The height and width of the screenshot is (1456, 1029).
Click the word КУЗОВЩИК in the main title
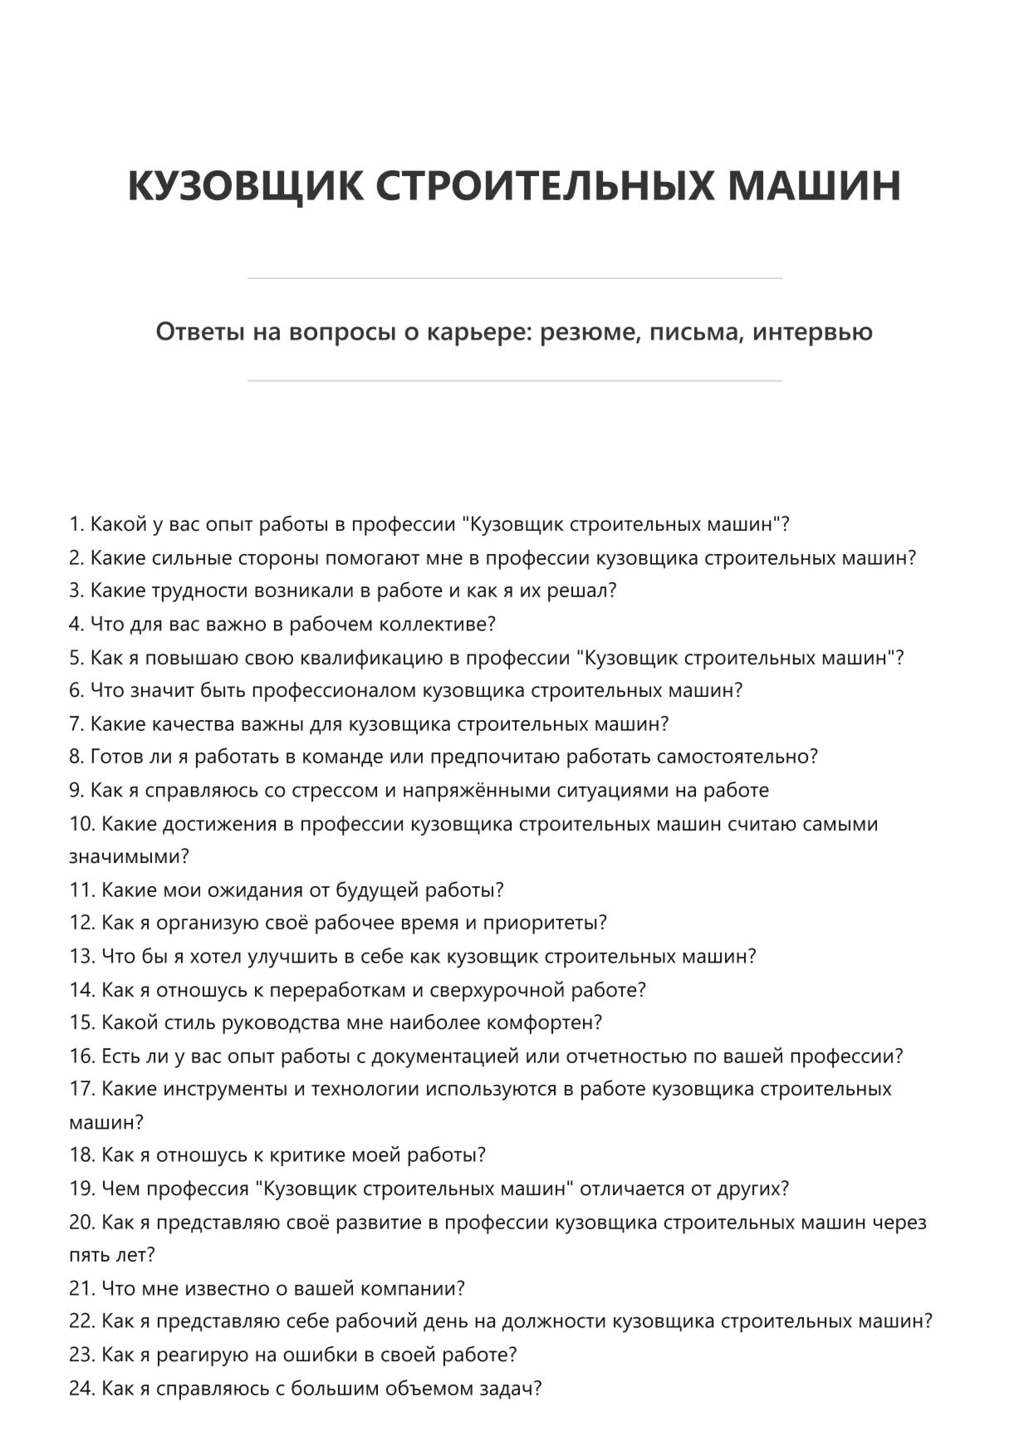[245, 185]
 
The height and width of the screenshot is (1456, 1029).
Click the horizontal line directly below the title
[514, 278]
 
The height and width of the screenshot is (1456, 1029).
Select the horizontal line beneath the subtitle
[514, 381]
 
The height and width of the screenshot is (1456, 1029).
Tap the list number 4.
[76, 624]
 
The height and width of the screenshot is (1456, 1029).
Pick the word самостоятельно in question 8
[736, 757]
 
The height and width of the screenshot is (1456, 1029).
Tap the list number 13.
[82, 957]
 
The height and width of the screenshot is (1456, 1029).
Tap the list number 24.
[82, 1388]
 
